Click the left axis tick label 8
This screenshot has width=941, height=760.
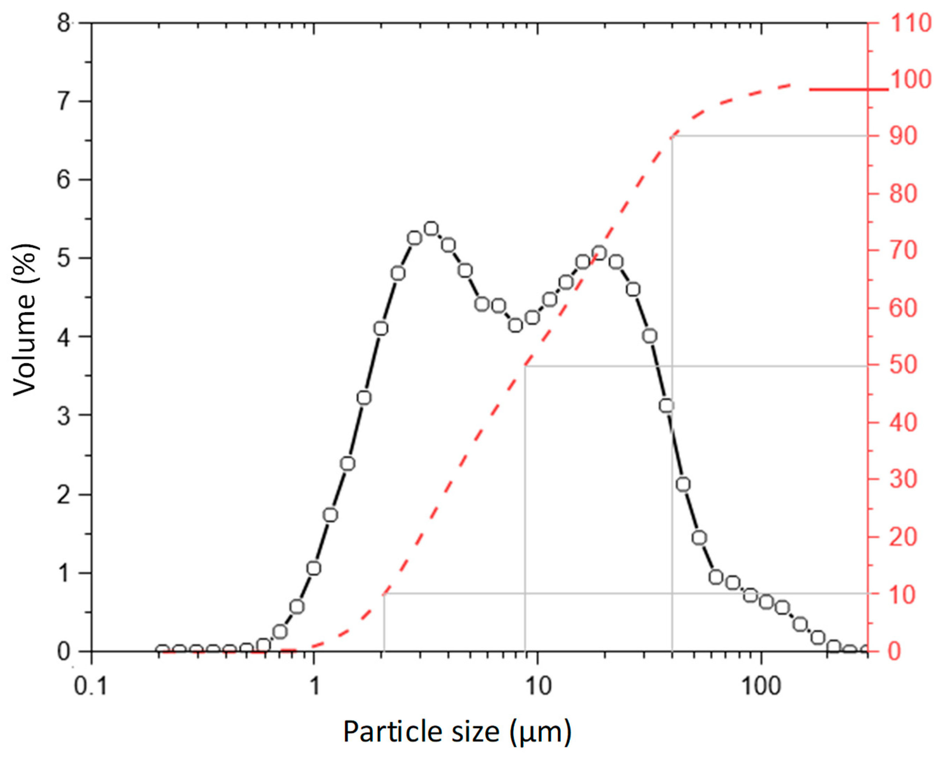pyautogui.click(x=64, y=23)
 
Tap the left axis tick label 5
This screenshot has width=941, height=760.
pyautogui.click(x=64, y=258)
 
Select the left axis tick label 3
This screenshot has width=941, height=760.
pyautogui.click(x=64, y=416)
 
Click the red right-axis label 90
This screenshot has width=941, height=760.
pyautogui.click(x=903, y=137)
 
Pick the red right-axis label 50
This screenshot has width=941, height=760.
pyautogui.click(x=903, y=365)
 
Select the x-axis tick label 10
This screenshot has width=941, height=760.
pyautogui.click(x=538, y=686)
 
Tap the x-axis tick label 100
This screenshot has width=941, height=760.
pyautogui.click(x=762, y=686)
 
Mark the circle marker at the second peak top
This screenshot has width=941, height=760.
pyautogui.click(x=600, y=253)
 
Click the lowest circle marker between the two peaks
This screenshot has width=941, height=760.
pyautogui.click(x=516, y=325)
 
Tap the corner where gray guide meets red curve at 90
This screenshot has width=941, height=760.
pyautogui.click(x=672, y=136)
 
